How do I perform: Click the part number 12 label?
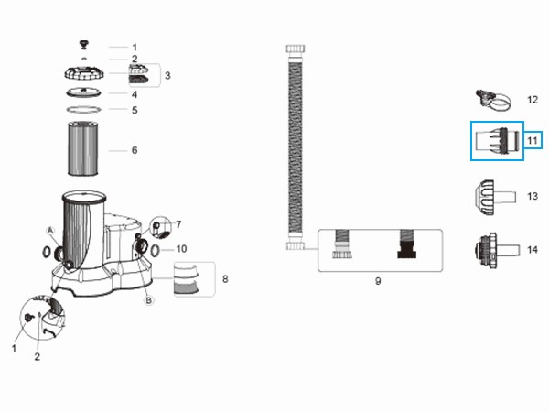[x=533, y=100]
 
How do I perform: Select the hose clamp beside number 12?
[x=492, y=101]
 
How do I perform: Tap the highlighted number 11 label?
[x=533, y=140]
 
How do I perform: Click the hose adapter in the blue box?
[x=498, y=141]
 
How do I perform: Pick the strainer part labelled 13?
[x=495, y=197]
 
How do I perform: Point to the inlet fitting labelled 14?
[x=497, y=251]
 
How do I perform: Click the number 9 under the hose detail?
[x=378, y=281]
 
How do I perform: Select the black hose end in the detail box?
[x=407, y=244]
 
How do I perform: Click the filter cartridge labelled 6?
[x=83, y=148]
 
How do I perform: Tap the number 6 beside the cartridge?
[x=135, y=150]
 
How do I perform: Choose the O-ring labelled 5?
[x=83, y=110]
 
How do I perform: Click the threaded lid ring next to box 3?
[x=84, y=73]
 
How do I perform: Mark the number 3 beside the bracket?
[x=167, y=75]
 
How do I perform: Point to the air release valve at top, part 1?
[x=84, y=45]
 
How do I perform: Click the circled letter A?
[x=50, y=231]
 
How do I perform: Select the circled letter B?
[x=149, y=300]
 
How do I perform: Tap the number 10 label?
[x=181, y=249]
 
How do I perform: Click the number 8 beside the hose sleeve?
[x=225, y=279]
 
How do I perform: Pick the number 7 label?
[x=178, y=224]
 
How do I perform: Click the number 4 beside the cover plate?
[x=135, y=94]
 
